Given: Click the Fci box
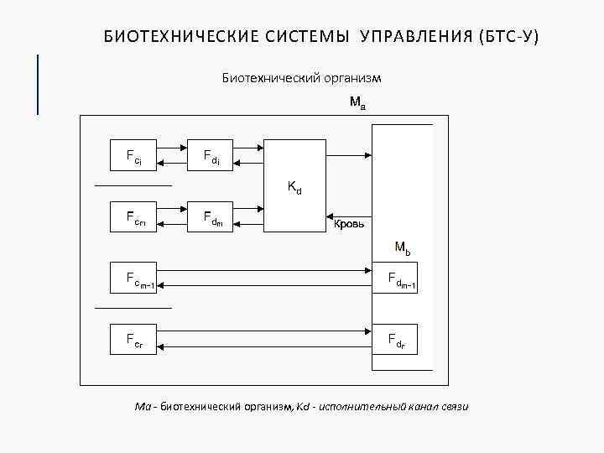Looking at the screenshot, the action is point(133,155).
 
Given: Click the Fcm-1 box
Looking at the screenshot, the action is point(133,278).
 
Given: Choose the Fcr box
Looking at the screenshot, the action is point(133,339).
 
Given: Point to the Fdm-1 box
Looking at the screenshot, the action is point(401,278).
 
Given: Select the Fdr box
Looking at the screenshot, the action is point(401,339).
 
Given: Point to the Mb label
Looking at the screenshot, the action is point(403,247).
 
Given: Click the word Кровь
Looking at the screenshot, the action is point(349,224).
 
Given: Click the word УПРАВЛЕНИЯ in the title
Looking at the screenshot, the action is point(416,38).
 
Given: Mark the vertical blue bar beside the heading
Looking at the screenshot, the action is point(38,84).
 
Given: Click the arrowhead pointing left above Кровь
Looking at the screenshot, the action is point(331,216).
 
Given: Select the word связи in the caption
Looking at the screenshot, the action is point(453,407).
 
